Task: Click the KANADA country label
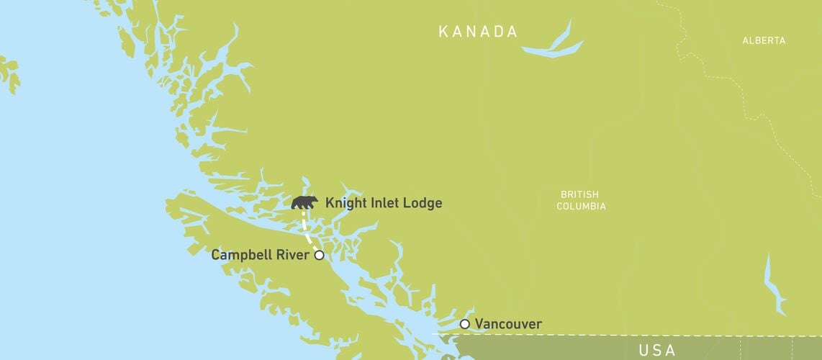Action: tap(478, 32)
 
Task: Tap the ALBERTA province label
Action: tap(764, 41)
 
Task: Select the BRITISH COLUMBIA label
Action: tap(580, 200)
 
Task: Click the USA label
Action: tap(656, 351)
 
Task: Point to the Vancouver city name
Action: tap(508, 324)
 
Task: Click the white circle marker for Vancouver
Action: tap(465, 324)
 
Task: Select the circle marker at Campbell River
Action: tap(319, 255)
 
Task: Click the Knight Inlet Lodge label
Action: tap(384, 203)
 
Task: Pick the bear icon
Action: tap(304, 202)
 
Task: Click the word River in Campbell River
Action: tap(294, 255)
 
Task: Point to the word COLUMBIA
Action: tap(580, 207)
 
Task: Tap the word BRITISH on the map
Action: tap(580, 194)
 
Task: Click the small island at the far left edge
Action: tap(9, 73)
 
